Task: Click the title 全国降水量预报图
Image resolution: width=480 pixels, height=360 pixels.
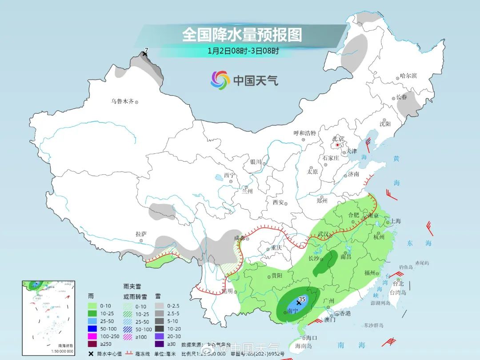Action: click(242, 35)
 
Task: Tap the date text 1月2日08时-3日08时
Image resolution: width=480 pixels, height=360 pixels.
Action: click(243, 51)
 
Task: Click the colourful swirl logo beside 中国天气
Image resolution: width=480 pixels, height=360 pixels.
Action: click(220, 80)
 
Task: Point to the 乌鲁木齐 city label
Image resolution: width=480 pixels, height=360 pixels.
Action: click(122, 101)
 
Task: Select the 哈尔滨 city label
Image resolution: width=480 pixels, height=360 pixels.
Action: click(408, 76)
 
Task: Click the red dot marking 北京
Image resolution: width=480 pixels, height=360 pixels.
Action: click(338, 145)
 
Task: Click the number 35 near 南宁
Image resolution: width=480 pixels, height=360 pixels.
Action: click(302, 300)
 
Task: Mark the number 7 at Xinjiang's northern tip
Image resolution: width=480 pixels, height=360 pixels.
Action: click(146, 50)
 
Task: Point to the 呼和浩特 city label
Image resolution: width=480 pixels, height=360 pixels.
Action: click(304, 133)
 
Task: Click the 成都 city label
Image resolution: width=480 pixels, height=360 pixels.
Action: click(240, 238)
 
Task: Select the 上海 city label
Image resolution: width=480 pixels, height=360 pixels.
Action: click(395, 221)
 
